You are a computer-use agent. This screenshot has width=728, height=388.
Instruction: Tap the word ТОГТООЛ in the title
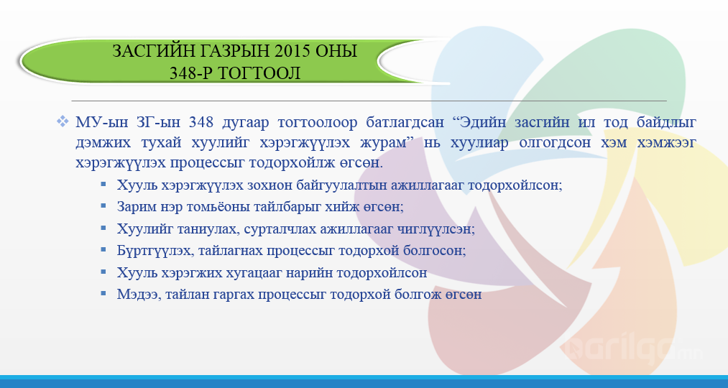point(259,73)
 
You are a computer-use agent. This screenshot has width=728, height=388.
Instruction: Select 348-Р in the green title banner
point(190,73)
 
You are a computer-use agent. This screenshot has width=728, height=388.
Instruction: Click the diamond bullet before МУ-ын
point(63,121)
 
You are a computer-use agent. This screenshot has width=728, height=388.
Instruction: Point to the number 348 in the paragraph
point(201,123)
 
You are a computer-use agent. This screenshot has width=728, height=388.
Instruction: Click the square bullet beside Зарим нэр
point(103,205)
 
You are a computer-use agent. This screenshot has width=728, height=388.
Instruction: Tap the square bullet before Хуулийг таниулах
point(103,227)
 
